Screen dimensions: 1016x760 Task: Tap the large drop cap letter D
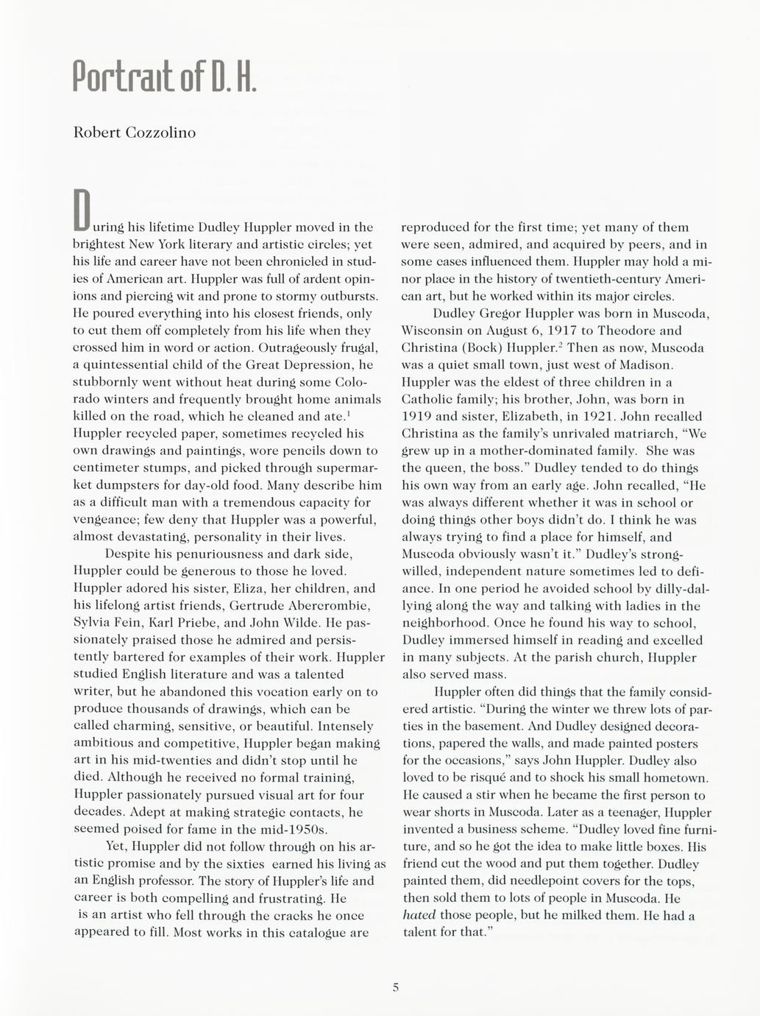point(82,209)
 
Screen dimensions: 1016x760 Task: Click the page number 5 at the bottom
point(395,988)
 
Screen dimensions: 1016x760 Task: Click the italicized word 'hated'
point(419,915)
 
